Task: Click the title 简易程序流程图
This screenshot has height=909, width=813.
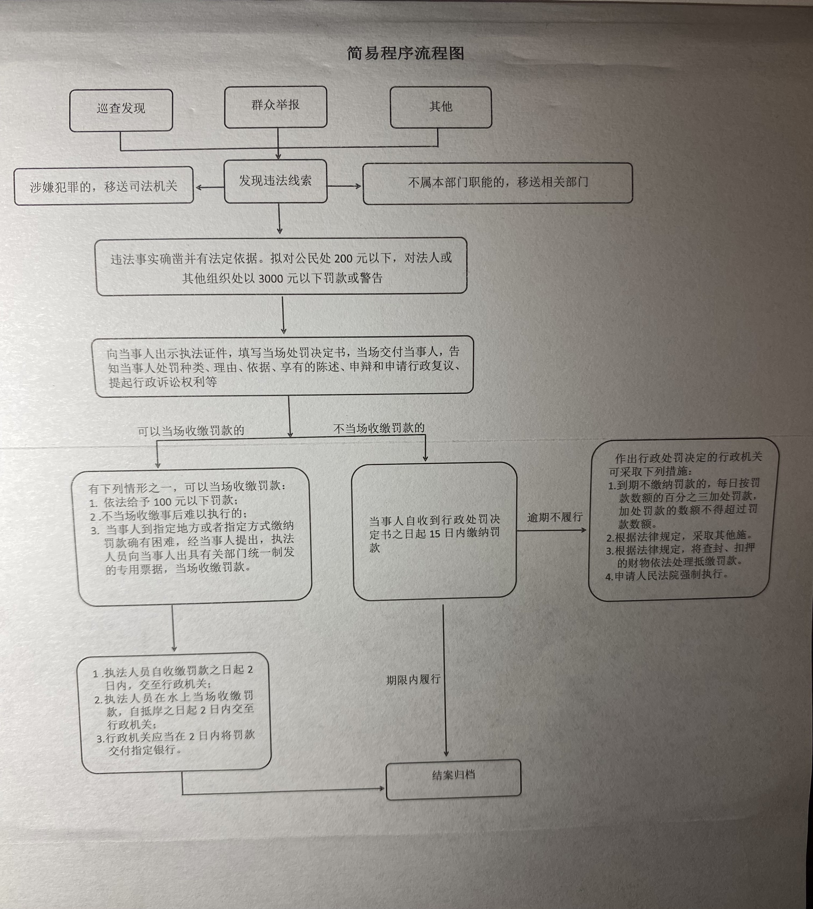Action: click(406, 53)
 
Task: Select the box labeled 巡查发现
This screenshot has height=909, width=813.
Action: click(121, 110)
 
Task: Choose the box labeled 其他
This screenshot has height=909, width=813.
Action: click(441, 107)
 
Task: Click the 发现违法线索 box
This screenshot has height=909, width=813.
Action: click(276, 181)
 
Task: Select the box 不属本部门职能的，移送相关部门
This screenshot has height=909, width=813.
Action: click(498, 183)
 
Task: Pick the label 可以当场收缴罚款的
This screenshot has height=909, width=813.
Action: click(191, 431)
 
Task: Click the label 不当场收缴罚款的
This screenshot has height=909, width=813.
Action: click(379, 428)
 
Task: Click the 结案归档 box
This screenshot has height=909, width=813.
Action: click(453, 779)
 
